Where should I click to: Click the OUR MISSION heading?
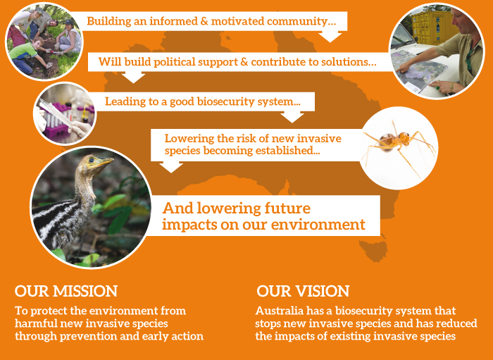pos(66,291)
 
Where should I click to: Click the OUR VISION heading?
pos(303,291)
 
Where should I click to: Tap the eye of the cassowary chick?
pos(92,160)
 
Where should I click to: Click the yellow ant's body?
pos(394,141)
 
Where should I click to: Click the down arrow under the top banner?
pos(330,36)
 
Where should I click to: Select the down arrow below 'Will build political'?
pos(133,77)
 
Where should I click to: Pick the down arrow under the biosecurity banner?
pos(292,117)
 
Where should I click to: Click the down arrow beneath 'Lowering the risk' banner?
pos(171,167)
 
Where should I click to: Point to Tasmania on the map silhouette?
pos(373,251)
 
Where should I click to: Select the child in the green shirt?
pos(25,55)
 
